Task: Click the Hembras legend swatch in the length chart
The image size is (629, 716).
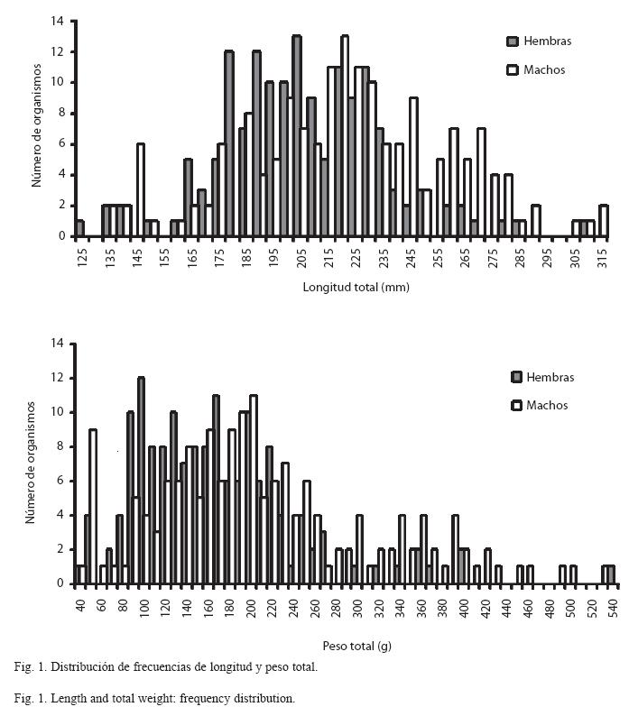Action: [513, 41]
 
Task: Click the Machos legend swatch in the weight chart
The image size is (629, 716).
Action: [516, 406]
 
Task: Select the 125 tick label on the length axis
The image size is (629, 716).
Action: [82, 259]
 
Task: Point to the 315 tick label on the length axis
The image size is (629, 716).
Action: [603, 259]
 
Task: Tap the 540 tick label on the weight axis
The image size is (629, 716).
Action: [613, 608]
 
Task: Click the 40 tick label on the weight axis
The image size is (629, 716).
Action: [80, 605]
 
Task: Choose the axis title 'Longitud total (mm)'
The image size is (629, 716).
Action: [356, 288]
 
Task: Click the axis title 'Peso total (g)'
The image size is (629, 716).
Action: [357, 647]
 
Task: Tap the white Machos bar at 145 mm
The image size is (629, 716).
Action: [141, 190]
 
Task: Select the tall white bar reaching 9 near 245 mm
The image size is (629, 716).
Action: [413, 167]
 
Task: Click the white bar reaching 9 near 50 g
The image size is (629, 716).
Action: [93, 507]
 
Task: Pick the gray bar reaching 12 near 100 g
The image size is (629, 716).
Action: [142, 481]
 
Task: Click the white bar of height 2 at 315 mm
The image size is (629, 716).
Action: [604, 221]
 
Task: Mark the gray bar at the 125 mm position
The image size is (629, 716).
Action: [80, 229]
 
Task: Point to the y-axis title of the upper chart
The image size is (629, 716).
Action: [37, 125]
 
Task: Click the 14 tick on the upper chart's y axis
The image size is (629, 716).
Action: [58, 21]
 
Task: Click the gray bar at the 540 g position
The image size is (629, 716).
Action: [611, 575]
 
